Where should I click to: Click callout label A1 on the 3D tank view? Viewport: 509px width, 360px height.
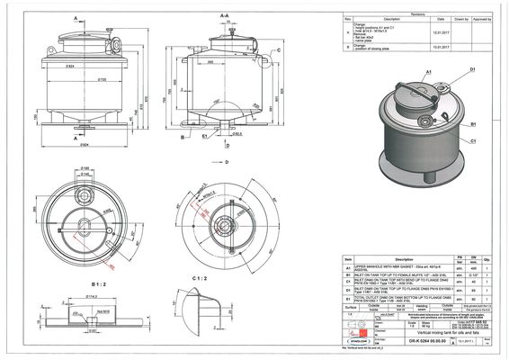coord(380,70)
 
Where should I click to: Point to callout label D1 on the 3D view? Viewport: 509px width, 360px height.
coord(471,69)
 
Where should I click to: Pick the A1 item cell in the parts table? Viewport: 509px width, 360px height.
coord(348,268)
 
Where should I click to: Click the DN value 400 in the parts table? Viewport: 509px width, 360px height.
coord(473,268)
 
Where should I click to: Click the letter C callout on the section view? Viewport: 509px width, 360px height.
coord(280,51)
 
